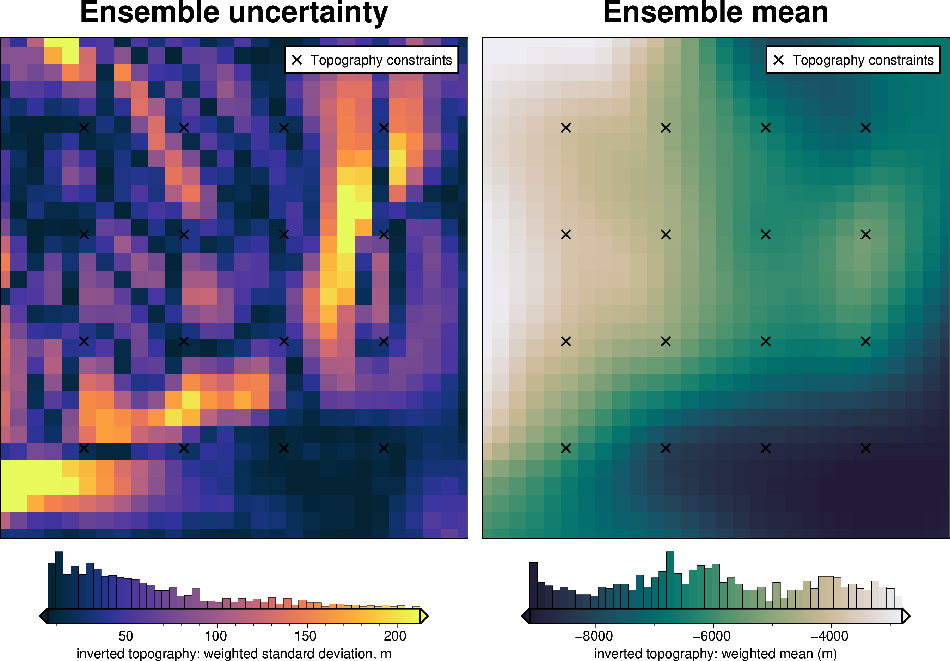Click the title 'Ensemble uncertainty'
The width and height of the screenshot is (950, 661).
click(234, 12)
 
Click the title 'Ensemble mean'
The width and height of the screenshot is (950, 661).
click(715, 12)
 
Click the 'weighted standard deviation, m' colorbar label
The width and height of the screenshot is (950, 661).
click(298, 654)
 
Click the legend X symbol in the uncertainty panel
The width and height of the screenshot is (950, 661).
click(297, 60)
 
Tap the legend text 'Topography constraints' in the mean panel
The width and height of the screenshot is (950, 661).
click(863, 60)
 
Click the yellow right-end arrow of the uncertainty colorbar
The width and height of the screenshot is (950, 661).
click(424, 616)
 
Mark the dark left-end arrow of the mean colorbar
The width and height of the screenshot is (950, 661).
click(526, 616)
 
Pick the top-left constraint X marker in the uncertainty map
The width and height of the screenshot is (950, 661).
click(84, 128)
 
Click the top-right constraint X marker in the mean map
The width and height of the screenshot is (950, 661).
click(866, 128)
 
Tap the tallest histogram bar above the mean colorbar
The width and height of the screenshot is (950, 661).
click(670, 580)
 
